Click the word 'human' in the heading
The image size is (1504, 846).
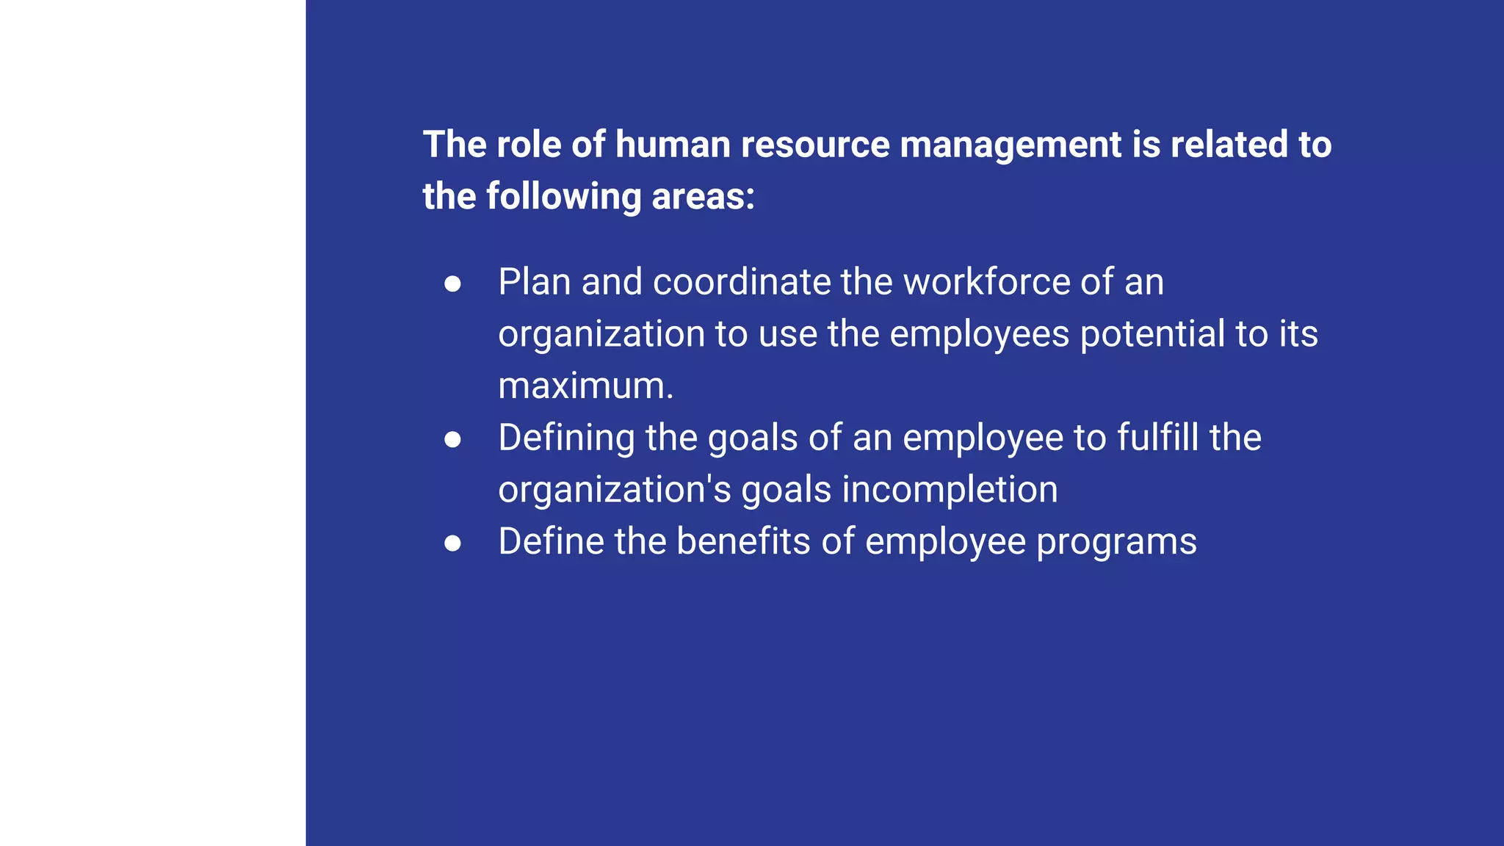(673, 144)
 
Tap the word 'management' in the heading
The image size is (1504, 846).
(1010, 145)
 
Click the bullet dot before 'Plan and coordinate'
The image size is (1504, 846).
(452, 283)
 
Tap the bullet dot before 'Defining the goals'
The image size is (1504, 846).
(452, 439)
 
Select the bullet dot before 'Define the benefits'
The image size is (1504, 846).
(452, 543)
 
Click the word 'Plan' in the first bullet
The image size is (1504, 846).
(535, 282)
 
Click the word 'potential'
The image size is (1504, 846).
(1152, 334)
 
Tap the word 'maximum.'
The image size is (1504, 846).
(585, 386)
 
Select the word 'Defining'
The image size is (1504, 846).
(566, 438)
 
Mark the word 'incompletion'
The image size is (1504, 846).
(950, 490)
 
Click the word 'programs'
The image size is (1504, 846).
(1116, 543)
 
